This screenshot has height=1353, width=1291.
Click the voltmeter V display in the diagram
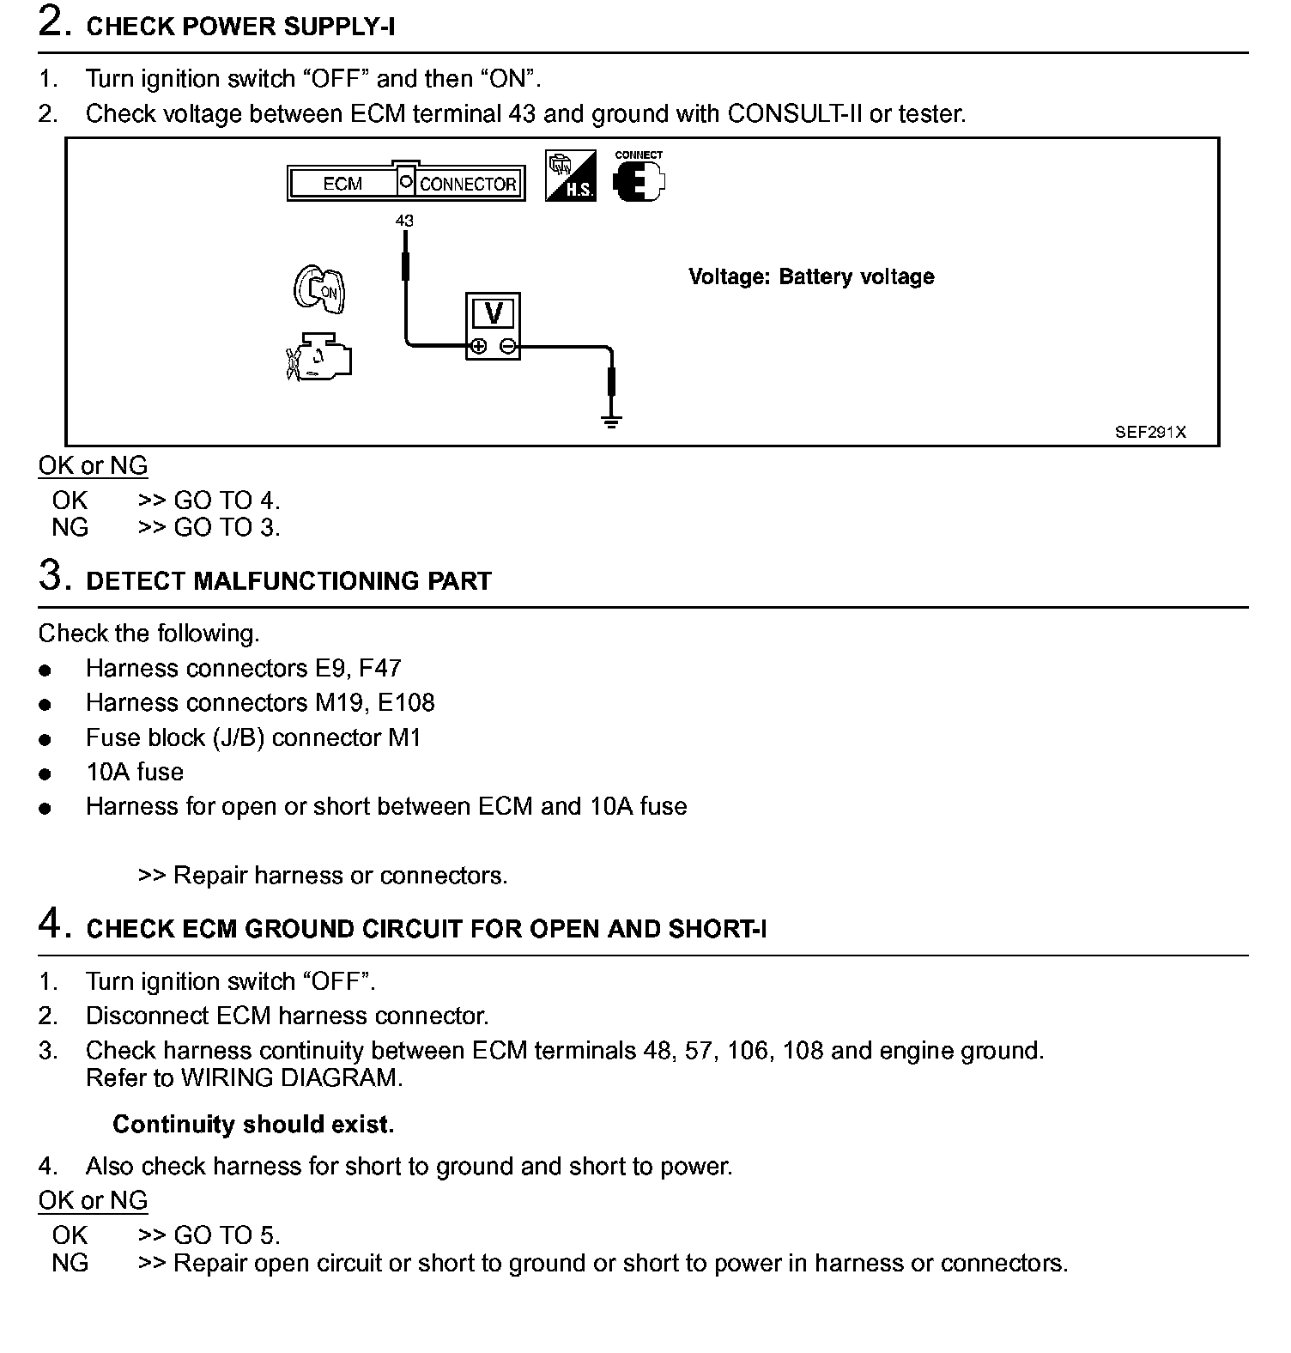[x=494, y=314]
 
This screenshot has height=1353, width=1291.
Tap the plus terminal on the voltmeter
[x=479, y=347]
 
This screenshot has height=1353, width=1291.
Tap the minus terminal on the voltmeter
[x=508, y=347]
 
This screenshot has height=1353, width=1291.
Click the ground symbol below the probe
[x=611, y=422]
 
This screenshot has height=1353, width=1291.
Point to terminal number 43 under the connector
[x=404, y=221]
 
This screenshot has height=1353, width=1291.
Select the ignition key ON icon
[x=319, y=289]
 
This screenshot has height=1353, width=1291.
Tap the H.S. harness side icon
[x=570, y=177]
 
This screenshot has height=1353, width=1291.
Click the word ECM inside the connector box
[x=342, y=184]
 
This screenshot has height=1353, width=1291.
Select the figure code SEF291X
[x=1150, y=433]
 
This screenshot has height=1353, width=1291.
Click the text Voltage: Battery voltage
[x=811, y=277]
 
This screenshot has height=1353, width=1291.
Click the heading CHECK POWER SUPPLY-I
[x=240, y=27]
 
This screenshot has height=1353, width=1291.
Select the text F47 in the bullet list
[x=379, y=669]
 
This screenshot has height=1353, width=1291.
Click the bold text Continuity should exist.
[x=253, y=1125]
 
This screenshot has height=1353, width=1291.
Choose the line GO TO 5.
[x=227, y=1235]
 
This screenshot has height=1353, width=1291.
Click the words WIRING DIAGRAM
[x=291, y=1078]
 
